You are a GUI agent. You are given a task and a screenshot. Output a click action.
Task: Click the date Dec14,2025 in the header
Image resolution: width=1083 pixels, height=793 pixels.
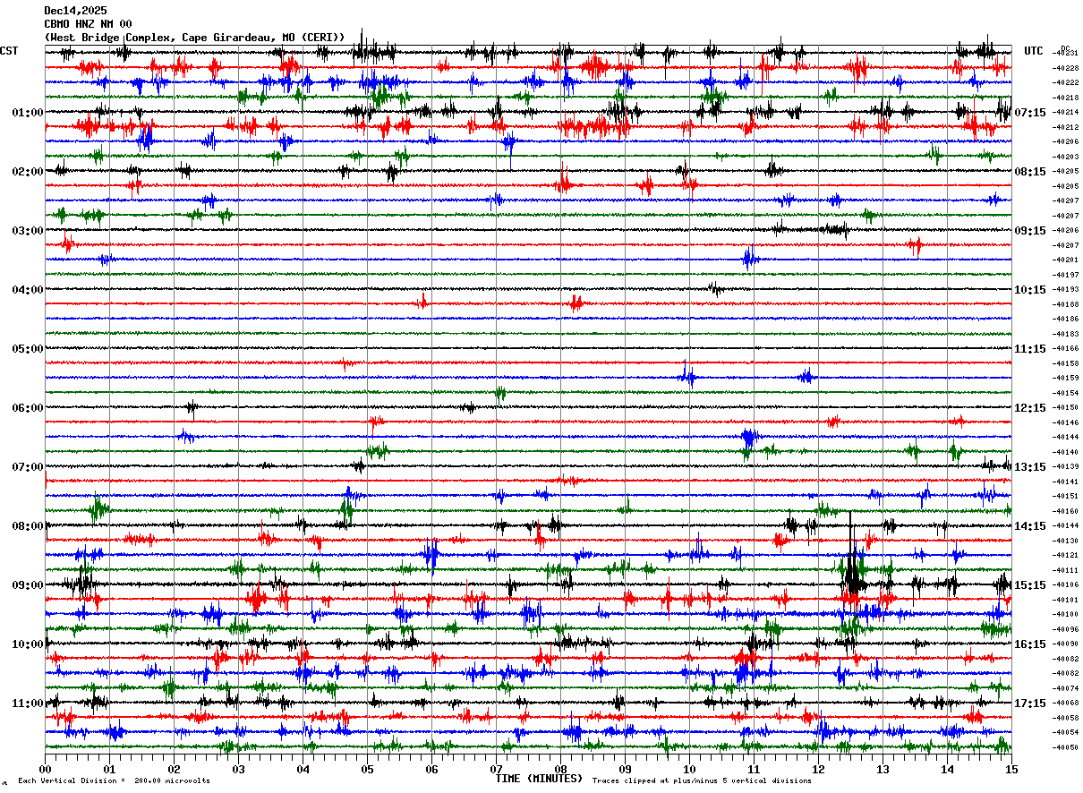point(75,11)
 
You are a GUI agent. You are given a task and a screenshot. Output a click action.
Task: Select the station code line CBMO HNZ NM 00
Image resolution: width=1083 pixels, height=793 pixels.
point(88,24)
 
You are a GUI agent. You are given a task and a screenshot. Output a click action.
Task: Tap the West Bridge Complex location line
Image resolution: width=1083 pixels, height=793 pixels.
point(194,38)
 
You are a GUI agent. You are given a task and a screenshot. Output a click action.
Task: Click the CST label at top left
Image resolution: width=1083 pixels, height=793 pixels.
point(9,51)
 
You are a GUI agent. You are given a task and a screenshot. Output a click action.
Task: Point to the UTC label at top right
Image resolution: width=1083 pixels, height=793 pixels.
point(1034,51)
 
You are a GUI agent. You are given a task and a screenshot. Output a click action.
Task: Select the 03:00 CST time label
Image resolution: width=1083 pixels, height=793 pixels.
point(28,231)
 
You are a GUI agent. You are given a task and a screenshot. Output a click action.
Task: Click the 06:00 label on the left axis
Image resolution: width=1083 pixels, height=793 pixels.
point(28,408)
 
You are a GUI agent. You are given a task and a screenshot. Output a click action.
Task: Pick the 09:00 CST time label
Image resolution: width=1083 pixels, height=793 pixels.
point(28,585)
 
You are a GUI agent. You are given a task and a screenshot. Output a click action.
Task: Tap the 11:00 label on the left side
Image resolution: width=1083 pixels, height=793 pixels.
point(28,703)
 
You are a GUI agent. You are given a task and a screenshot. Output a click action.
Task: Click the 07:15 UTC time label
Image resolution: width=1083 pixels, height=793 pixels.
point(1031,113)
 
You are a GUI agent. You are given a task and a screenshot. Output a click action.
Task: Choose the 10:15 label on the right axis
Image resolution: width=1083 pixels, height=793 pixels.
point(1031,290)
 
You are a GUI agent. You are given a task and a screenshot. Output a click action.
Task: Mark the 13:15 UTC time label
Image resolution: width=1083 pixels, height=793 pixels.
point(1031,467)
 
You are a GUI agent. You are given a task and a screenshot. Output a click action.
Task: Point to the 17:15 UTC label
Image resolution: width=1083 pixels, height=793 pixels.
point(1031,703)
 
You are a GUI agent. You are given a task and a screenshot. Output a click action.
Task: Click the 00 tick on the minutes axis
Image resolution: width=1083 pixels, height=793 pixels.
point(46,769)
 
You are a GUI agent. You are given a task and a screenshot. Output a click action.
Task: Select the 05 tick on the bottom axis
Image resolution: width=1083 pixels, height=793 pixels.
point(367,769)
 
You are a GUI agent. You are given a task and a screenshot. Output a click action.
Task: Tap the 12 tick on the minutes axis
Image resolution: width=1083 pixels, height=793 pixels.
point(818,769)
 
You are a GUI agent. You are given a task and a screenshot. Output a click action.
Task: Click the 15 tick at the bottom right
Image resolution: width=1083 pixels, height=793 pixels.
point(1011,769)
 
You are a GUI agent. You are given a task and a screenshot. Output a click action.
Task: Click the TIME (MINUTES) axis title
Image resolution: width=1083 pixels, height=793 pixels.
point(539,779)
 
